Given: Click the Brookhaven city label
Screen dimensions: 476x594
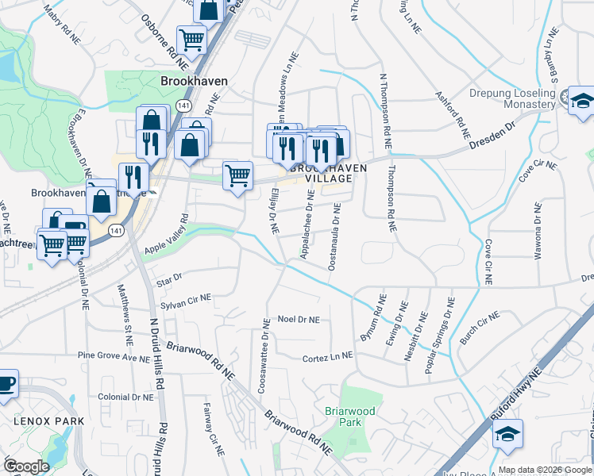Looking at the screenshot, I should (x=194, y=81).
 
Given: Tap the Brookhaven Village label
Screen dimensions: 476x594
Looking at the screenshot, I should (x=329, y=174).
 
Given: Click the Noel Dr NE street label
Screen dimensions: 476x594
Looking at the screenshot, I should (x=298, y=320).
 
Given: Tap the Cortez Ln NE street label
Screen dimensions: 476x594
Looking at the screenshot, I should (x=326, y=359).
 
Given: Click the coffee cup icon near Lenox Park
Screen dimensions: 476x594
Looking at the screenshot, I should (x=6, y=384).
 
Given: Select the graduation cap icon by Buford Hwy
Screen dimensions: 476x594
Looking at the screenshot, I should (x=507, y=434).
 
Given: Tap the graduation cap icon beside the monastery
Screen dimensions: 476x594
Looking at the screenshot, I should (x=581, y=101).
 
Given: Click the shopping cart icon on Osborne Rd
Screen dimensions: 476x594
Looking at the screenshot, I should (x=191, y=38).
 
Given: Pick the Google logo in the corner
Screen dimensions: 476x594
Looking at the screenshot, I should (x=26, y=466).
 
